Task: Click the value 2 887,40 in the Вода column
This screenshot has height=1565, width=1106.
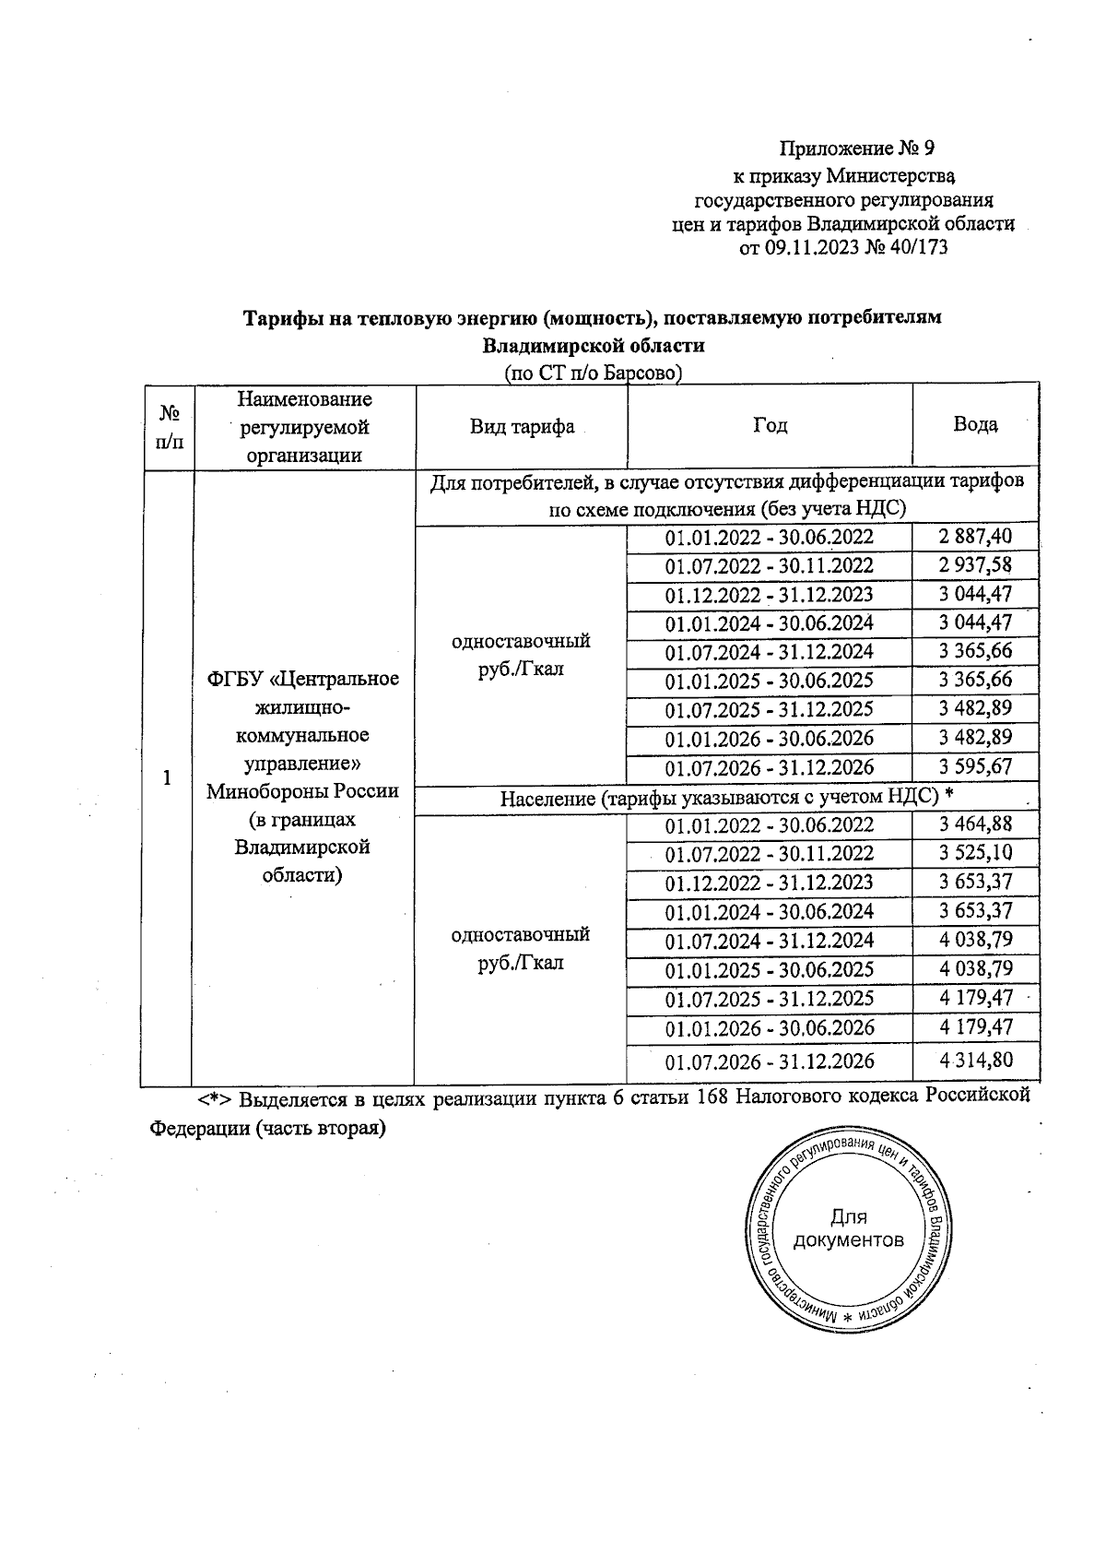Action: [975, 537]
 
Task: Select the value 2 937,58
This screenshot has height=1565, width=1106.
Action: [975, 565]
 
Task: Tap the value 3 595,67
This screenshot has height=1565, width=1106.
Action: [975, 767]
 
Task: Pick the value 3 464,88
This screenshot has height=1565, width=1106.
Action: [975, 824]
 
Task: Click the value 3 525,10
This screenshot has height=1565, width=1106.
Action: [975, 853]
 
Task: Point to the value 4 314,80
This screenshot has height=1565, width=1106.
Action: [975, 1061]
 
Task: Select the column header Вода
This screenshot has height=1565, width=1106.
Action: [975, 424]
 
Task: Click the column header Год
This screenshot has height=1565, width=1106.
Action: [770, 425]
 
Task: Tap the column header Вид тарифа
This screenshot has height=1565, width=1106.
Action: [522, 426]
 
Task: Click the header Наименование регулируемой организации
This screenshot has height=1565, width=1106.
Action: [304, 426]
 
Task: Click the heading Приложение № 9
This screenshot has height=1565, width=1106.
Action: [857, 148]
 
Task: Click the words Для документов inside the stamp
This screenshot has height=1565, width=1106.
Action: [848, 1229]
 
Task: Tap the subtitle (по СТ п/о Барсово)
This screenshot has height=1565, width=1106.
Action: [593, 373]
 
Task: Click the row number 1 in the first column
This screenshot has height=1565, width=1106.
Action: [168, 778]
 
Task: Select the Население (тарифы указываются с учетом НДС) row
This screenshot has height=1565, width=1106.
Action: [725, 798]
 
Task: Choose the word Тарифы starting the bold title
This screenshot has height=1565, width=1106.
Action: [277, 317]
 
